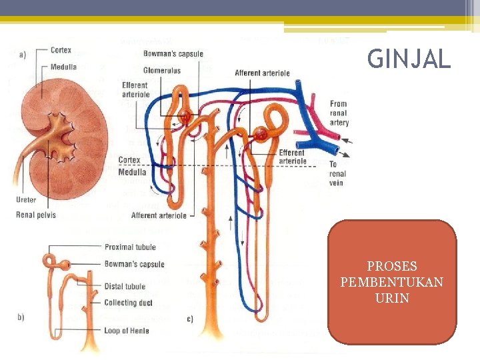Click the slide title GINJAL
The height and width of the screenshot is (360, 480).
pos(409,60)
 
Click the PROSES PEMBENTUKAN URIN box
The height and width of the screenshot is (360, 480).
pos(392,282)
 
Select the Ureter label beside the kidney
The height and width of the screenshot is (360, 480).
pos(25,200)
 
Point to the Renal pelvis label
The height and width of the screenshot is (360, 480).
pos(36,215)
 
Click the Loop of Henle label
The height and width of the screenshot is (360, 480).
pos(127,331)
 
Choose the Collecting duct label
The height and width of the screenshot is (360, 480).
pos(128,303)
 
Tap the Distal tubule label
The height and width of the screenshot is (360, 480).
pos(125,287)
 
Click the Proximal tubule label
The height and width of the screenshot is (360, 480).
pos(129,247)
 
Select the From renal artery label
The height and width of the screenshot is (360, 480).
pos(339,113)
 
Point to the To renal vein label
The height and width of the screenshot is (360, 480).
pos(337,173)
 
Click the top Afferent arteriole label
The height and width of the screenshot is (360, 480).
pos(262,73)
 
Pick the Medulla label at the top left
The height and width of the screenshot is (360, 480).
pos(63,67)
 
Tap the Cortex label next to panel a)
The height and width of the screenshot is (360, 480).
pos(61,50)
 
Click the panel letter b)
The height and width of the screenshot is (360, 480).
pos(21,317)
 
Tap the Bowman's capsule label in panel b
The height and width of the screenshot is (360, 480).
pos(134,264)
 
